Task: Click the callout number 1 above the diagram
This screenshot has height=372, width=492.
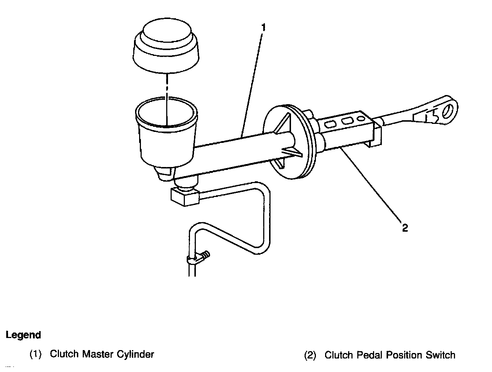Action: [x=263, y=27]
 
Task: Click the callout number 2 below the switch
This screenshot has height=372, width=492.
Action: [x=405, y=228]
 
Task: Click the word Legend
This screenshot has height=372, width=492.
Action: [x=23, y=335]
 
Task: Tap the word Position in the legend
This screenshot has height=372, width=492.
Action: [x=402, y=355]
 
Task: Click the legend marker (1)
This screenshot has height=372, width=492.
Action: [x=36, y=354]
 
